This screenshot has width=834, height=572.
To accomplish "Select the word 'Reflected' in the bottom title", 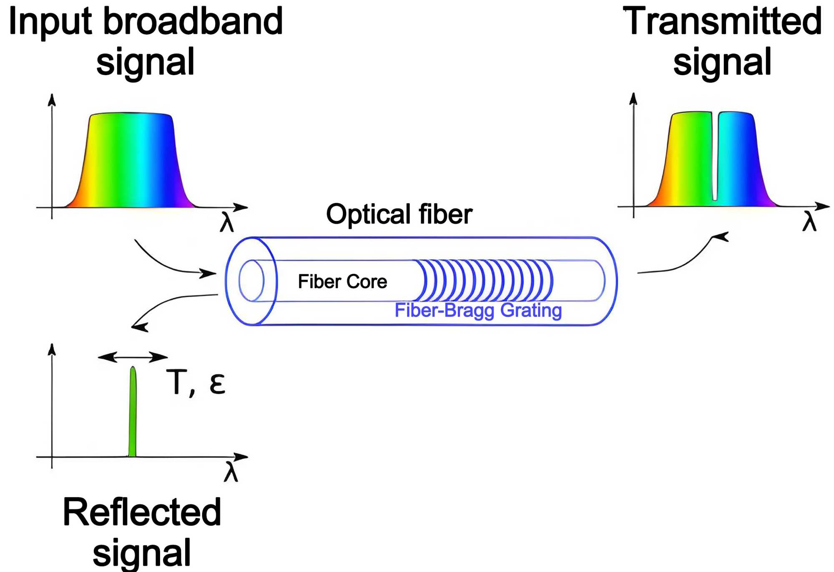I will tap(142, 513).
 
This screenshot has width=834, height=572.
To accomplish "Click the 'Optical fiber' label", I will tap(399, 214).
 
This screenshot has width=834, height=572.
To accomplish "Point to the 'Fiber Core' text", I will tap(342, 282).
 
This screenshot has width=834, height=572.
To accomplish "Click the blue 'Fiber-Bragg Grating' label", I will tap(478, 311).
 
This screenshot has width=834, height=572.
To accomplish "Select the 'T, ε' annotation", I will tap(196, 382).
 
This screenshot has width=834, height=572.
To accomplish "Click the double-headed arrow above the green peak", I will tap(133, 357).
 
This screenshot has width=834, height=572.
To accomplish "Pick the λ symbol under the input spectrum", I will tap(227, 222).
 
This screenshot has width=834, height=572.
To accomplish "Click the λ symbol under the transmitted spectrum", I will tap(809, 221).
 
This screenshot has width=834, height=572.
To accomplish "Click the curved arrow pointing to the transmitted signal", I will tap(688, 259).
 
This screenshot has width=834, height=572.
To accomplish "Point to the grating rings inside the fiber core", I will tap(484, 281).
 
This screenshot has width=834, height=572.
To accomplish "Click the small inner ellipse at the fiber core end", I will tap(251, 281).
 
